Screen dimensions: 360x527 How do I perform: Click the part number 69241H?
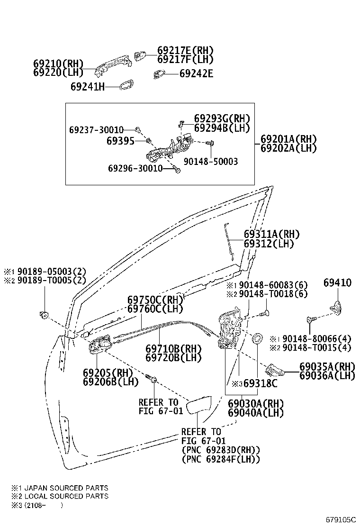click(87, 87)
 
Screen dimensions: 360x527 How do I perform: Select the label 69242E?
click(196, 73)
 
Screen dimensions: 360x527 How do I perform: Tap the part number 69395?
click(121, 141)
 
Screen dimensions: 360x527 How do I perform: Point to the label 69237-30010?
click(96, 129)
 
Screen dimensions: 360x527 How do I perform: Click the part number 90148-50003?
click(211, 161)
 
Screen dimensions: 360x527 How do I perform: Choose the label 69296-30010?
click(135, 168)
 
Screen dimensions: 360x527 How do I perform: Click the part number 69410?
click(337, 282)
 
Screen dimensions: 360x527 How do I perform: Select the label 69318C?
click(260, 383)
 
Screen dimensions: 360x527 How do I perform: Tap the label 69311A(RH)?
click(271, 234)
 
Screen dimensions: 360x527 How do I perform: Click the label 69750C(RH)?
click(155, 300)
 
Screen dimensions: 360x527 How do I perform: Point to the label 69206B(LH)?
click(111, 382)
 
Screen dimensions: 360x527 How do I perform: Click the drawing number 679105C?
click(340, 519)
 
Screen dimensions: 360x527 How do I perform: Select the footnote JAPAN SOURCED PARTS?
click(66, 488)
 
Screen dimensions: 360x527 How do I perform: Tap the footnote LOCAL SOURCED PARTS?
click(66, 496)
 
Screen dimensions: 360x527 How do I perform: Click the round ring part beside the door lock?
click(258, 338)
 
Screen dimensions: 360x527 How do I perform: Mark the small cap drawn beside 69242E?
click(159, 74)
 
